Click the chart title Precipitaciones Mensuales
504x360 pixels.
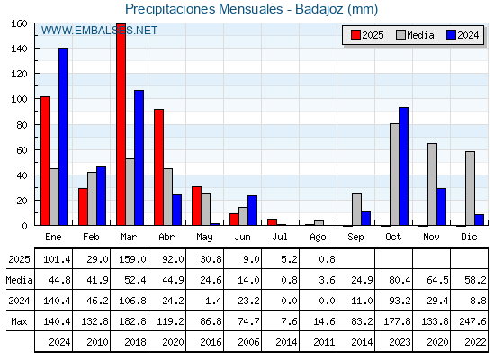click(x=203, y=9)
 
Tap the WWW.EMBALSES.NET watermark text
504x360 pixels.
click(x=99, y=31)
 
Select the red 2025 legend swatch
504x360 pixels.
click(x=355, y=35)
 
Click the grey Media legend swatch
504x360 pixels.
click(x=400, y=35)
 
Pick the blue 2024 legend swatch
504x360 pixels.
click(x=451, y=35)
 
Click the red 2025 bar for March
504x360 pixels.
click(x=121, y=124)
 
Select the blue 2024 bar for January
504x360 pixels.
click(x=63, y=137)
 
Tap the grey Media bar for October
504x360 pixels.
click(x=394, y=175)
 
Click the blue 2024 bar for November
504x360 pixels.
click(x=441, y=207)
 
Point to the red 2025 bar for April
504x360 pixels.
click(x=158, y=167)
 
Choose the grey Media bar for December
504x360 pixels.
click(x=470, y=188)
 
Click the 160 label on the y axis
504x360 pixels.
click(x=19, y=23)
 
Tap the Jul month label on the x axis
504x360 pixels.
click(x=280, y=237)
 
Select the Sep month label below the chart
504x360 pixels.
click(x=355, y=238)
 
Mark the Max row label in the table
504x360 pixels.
click(x=19, y=321)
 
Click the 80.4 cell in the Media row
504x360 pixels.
click(x=400, y=280)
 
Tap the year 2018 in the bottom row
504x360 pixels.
click(x=135, y=342)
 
